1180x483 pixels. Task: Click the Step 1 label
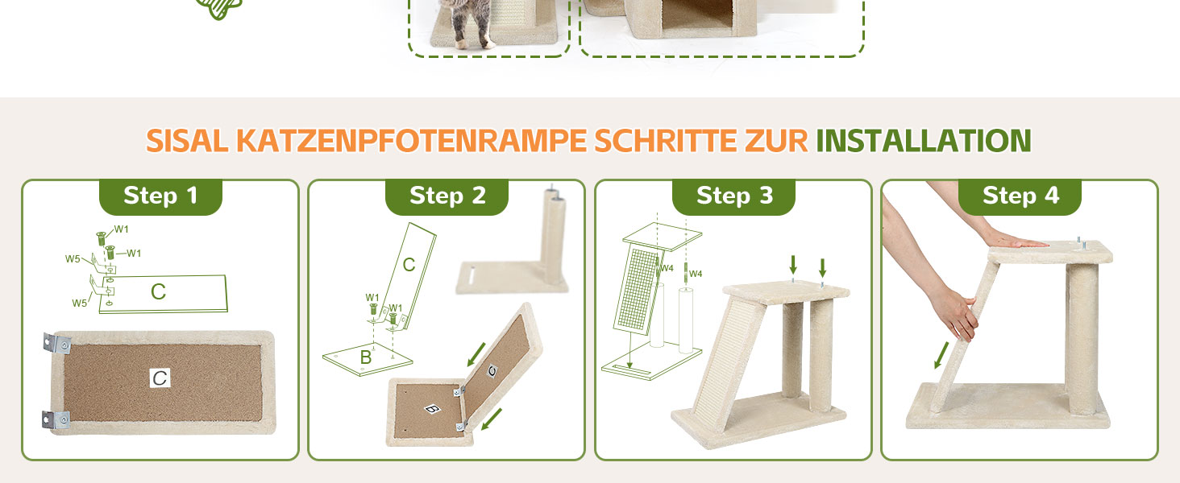(x=160, y=196)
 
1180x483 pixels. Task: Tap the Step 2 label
(x=447, y=196)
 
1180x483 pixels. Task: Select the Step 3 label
(x=734, y=196)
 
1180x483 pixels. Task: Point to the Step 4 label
(x=1020, y=196)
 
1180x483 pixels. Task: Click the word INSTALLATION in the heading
(x=924, y=141)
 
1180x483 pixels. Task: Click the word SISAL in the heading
(x=187, y=141)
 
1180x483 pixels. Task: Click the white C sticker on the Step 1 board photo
(x=160, y=378)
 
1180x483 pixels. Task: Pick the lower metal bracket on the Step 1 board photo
(x=56, y=420)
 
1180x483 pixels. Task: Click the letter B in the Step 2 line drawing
(x=366, y=357)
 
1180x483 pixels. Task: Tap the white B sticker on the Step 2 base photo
(x=433, y=408)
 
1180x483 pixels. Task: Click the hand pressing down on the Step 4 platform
(x=1014, y=242)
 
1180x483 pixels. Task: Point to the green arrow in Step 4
(x=941, y=355)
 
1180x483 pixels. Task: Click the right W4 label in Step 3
(x=696, y=274)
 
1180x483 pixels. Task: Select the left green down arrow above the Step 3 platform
(x=793, y=265)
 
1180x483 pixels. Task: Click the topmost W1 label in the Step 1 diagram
(x=121, y=229)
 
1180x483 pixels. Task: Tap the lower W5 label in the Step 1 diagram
(x=80, y=303)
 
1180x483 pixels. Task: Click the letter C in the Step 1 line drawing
(x=158, y=291)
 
